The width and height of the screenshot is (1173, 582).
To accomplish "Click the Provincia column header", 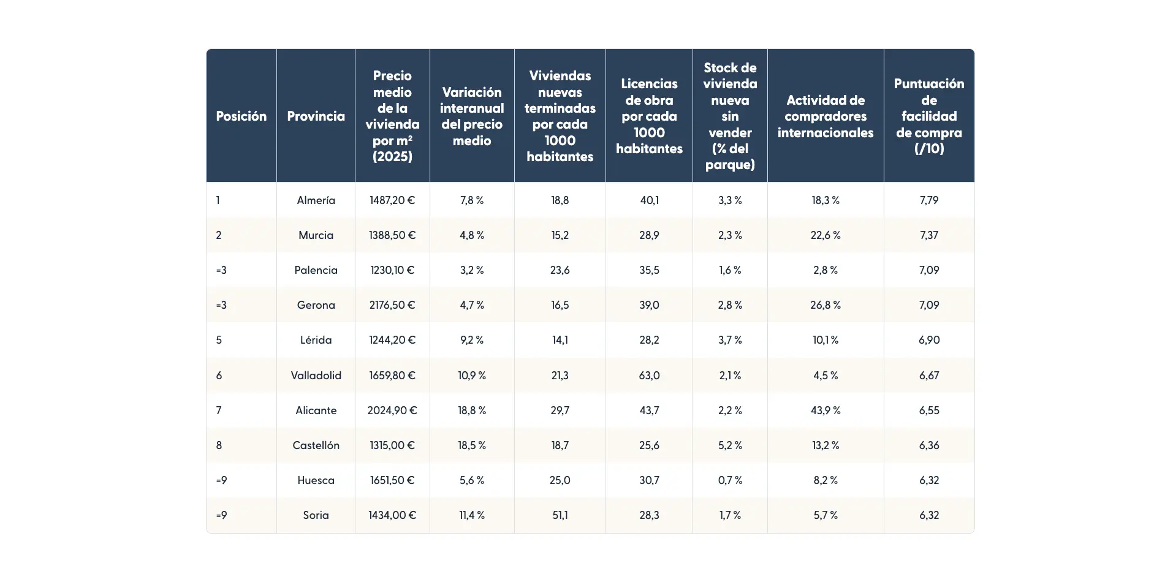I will tap(316, 116).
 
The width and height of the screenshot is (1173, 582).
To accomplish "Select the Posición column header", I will tap(241, 116).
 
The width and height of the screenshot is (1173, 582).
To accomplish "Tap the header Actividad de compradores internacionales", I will tap(825, 116).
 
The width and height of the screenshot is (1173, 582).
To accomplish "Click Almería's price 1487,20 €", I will tap(392, 200).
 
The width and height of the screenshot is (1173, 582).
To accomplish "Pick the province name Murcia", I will tap(316, 235).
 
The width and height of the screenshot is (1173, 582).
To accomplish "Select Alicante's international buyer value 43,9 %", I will tap(825, 410).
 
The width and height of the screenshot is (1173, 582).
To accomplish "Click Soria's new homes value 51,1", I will tap(560, 515).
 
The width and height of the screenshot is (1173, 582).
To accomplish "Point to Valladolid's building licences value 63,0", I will tap(649, 375).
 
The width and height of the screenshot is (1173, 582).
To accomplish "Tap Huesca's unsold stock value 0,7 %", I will tap(729, 480).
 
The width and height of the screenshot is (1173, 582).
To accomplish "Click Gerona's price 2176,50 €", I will tap(392, 304).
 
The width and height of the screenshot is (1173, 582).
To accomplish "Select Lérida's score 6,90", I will tap(928, 339).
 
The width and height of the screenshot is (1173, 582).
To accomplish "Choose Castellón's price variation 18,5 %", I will tap(471, 445).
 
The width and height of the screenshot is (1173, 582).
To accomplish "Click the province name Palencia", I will tap(316, 270).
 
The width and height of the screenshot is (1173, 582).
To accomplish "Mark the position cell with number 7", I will tap(219, 410).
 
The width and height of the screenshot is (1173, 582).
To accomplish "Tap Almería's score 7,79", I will tap(928, 200).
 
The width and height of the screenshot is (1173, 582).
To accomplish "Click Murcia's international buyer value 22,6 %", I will tap(825, 235).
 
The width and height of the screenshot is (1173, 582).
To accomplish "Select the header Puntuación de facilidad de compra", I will tap(928, 116).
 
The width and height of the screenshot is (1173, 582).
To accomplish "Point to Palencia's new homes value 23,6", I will tap(560, 270).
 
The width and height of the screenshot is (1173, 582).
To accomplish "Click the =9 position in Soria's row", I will tap(221, 515).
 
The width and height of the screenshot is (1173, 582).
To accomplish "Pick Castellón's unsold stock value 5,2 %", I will tap(729, 445).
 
